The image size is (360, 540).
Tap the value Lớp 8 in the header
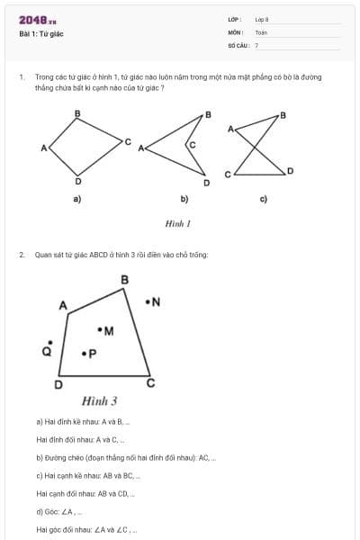261,19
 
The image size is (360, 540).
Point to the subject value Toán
261,31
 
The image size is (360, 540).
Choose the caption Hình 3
99,400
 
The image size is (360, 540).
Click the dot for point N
148,301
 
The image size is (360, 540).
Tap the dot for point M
100,330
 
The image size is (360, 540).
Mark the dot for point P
84,354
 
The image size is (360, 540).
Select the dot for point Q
49,343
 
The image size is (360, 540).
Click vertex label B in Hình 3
124,280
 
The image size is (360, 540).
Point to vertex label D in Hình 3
58,385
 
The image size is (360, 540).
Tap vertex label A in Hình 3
63,306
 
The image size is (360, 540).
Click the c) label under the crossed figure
263,199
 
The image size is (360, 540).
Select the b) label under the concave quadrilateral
184,199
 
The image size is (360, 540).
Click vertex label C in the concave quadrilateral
191,144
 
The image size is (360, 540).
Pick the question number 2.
21,255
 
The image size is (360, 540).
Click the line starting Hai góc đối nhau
86,530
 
